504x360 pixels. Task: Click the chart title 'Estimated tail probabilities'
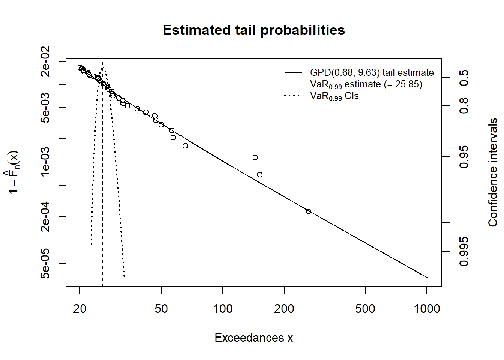pyautogui.click(x=253, y=30)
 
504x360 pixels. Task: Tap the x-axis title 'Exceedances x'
pyautogui.click(x=253, y=337)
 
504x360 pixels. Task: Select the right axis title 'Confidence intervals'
pyautogui.click(x=493, y=172)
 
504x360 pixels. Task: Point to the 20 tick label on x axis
pyautogui.click(x=80, y=309)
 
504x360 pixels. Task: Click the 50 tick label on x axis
pyautogui.click(x=161, y=309)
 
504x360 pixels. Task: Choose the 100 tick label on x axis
pyautogui.click(x=223, y=309)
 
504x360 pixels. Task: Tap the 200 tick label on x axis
pyautogui.click(x=284, y=309)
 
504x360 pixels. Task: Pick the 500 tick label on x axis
pyautogui.click(x=365, y=309)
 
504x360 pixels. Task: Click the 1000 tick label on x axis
pyautogui.click(x=427, y=309)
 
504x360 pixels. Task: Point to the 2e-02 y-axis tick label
pyautogui.click(x=45, y=61)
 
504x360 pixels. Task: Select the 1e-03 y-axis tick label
pyautogui.click(x=45, y=162)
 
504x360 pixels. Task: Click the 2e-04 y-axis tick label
pyautogui.click(x=45, y=216)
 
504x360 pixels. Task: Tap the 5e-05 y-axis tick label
pyautogui.click(x=45, y=263)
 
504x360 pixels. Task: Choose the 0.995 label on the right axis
pyautogui.click(x=464, y=251)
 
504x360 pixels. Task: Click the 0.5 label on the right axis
pyautogui.click(x=464, y=78)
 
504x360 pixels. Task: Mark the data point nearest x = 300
pyautogui.click(x=309, y=211)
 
